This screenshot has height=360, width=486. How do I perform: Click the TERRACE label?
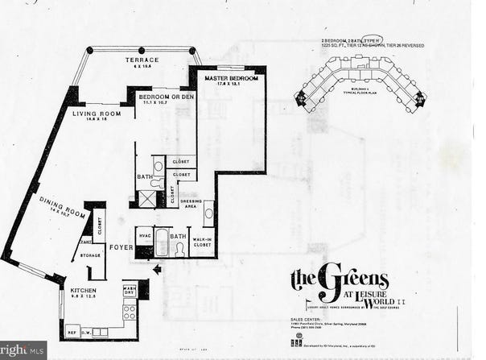coord(141,60)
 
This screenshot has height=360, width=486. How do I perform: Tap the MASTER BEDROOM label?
coord(231,78)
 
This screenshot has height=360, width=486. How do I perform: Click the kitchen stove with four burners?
coord(128,310)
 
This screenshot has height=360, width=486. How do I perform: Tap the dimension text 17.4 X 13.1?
coord(231,85)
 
